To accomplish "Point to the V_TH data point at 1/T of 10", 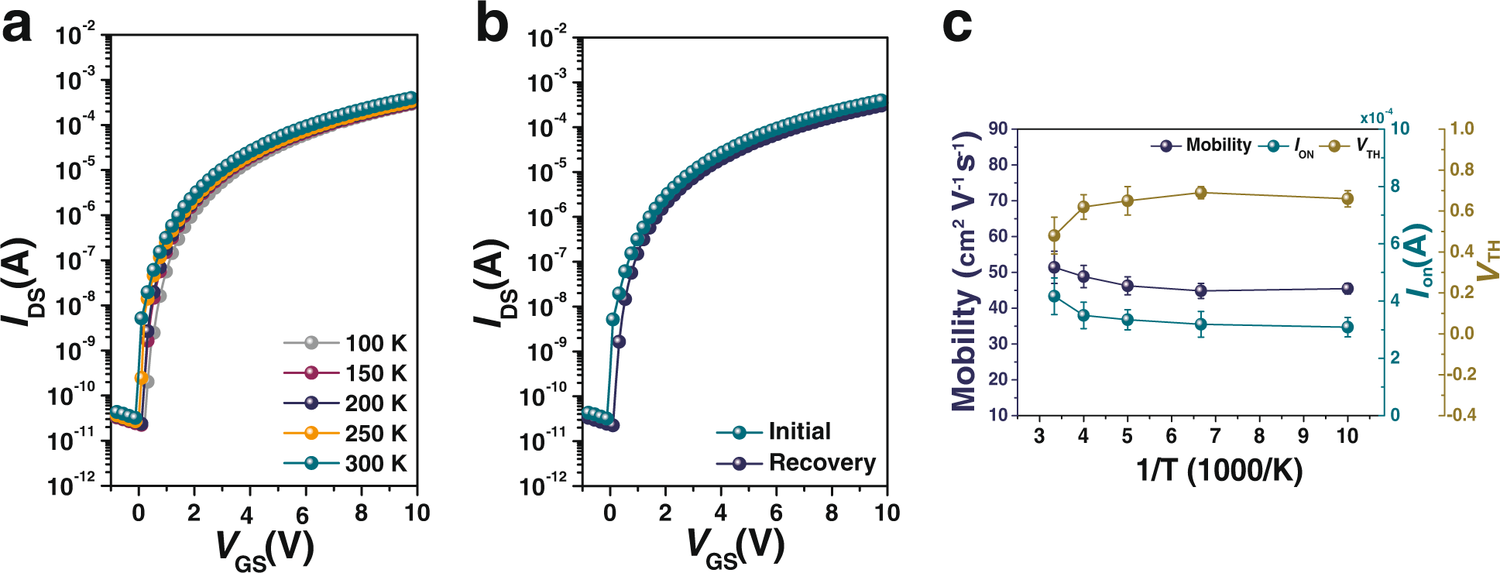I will pyautogui.click(x=1347, y=199).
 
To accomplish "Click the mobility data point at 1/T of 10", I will pyautogui.click(x=1347, y=289).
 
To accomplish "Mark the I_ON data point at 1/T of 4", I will pyautogui.click(x=1083, y=315).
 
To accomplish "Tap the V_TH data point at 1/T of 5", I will pyautogui.click(x=1128, y=201).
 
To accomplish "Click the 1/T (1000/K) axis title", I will pyautogui.click(x=1219, y=470).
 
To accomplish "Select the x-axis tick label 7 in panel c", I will pyautogui.click(x=1216, y=436).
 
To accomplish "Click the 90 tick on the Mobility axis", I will pyautogui.click(x=998, y=129).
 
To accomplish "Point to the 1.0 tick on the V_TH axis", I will pyautogui.click(x=1461, y=129).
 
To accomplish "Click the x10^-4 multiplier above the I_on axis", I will pyautogui.click(x=1376, y=117).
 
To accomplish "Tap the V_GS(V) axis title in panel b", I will pyautogui.click(x=736, y=547).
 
